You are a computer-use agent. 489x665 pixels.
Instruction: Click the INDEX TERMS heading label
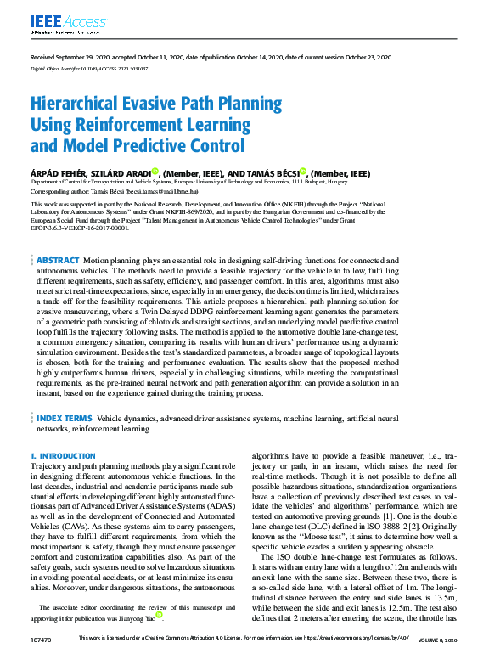(62, 419)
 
